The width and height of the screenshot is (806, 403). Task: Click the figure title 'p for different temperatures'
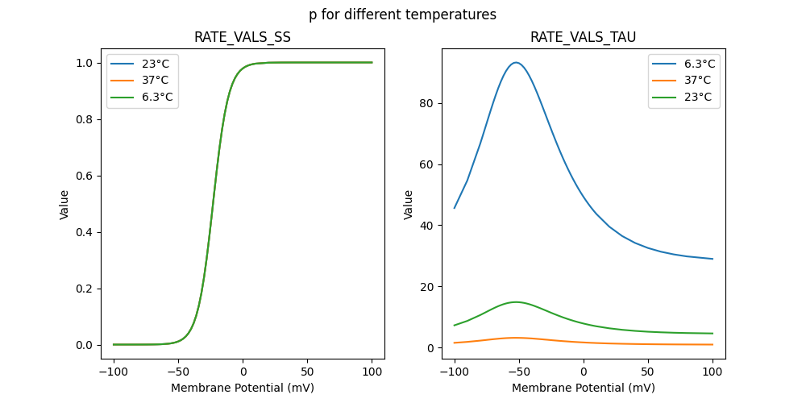click(x=402, y=15)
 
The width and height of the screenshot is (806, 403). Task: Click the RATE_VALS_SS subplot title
click(x=243, y=38)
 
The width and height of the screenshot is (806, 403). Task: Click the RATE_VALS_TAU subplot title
click(x=583, y=38)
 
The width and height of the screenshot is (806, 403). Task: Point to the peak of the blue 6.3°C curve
click(x=516, y=63)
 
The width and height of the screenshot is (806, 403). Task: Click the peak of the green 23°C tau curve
click(x=516, y=302)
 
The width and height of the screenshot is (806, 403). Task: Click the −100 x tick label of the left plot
click(x=113, y=372)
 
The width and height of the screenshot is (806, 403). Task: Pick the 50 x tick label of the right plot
click(x=648, y=372)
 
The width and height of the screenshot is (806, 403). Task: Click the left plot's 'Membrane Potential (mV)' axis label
click(x=243, y=388)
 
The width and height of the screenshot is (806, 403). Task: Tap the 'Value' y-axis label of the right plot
click(x=409, y=205)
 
